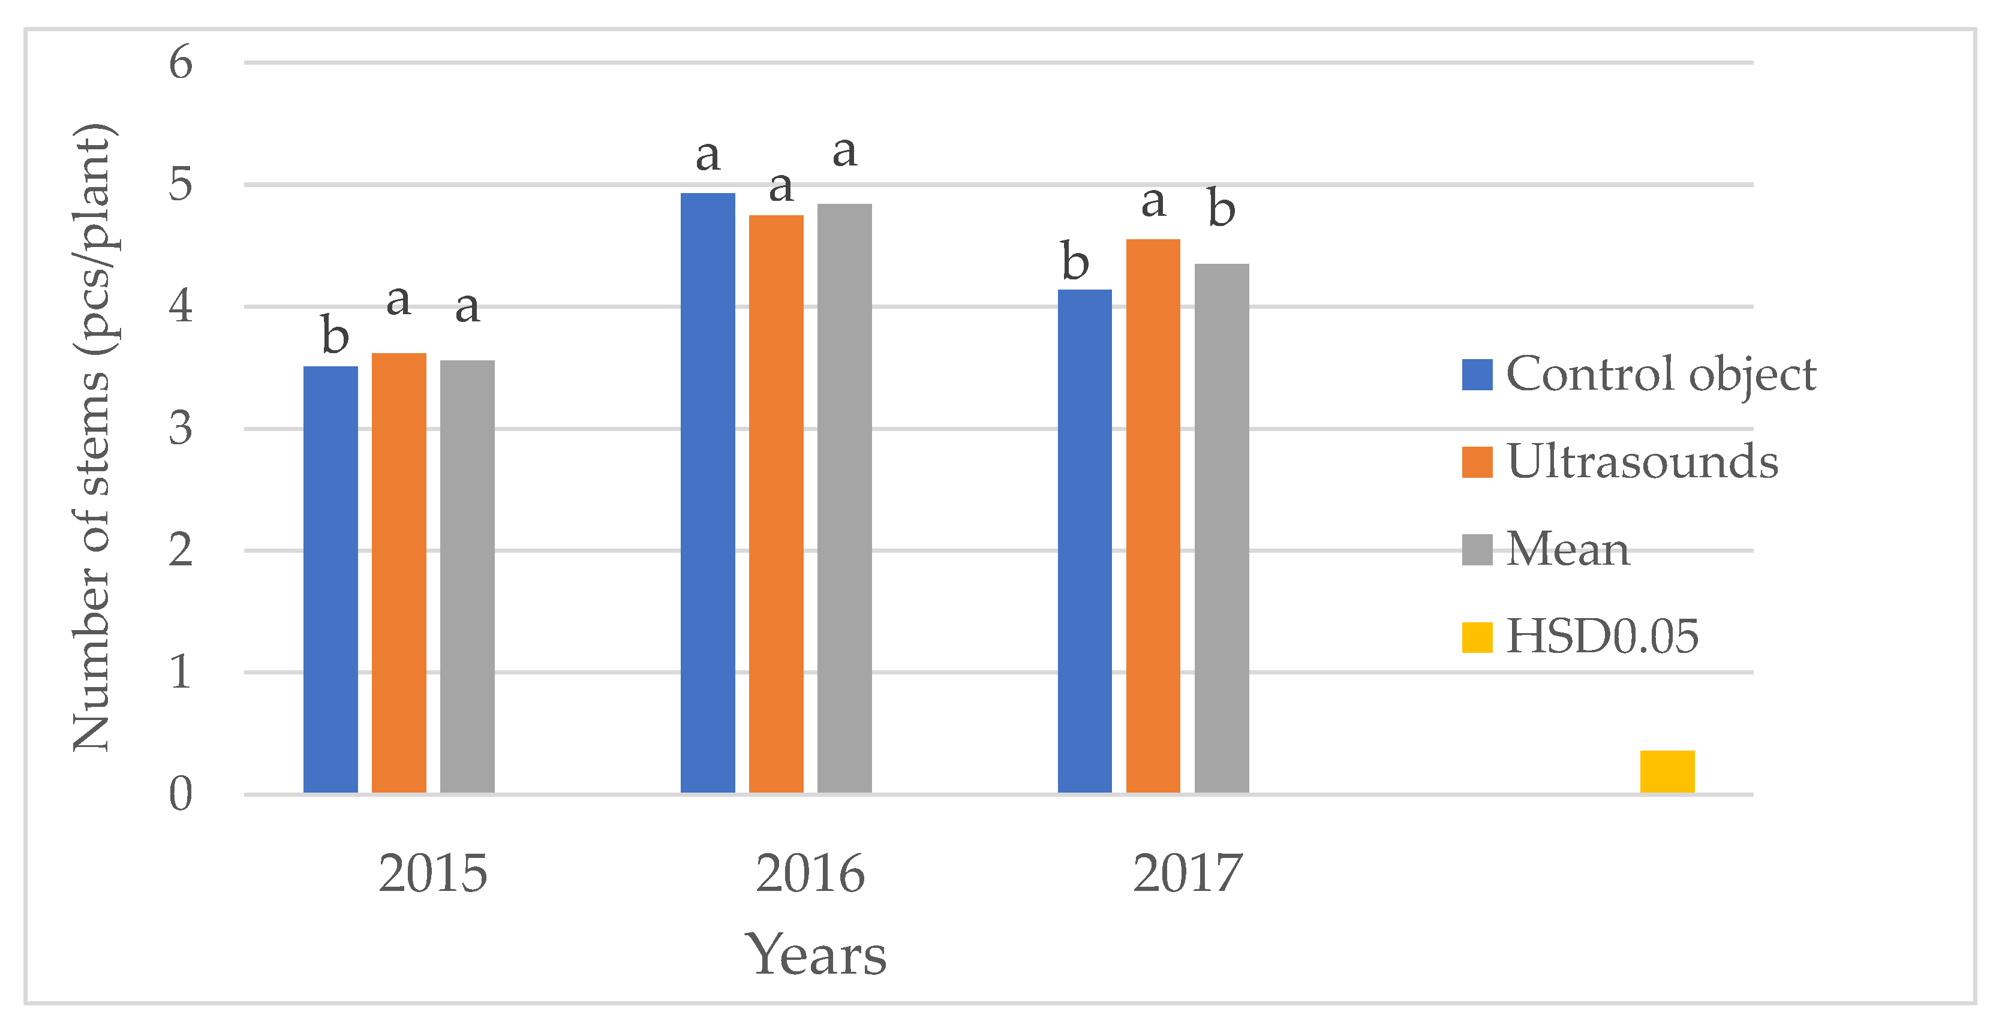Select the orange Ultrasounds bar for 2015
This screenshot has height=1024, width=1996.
[398, 573]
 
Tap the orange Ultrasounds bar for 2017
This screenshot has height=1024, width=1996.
[1153, 516]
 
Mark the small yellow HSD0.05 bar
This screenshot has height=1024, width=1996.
[1667, 772]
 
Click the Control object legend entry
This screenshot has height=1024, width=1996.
[1638, 375]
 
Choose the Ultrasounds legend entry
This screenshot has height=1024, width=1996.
[1619, 462]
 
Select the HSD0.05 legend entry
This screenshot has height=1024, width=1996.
[1581, 637]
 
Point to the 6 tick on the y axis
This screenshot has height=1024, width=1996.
[181, 62]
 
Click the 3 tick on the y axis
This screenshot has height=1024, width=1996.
[181, 428]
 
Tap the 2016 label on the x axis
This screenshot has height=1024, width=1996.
[810, 873]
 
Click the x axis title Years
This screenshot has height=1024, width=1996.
[815, 954]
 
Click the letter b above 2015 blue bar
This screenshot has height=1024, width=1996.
[335, 335]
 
